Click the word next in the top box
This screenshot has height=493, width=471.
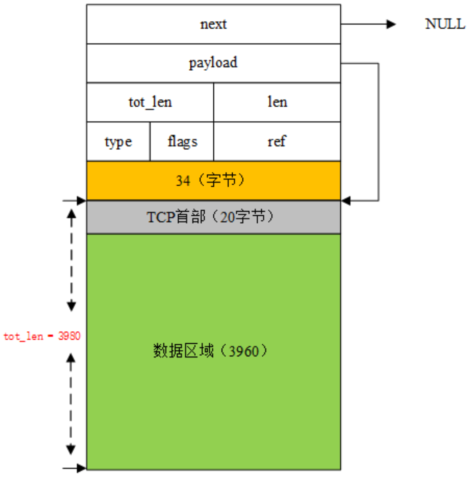click(x=213, y=24)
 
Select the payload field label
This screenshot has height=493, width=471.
click(x=213, y=63)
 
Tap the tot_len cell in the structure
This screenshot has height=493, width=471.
click(x=150, y=102)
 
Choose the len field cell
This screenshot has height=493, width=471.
click(x=277, y=102)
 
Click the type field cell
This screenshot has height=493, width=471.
click(x=118, y=142)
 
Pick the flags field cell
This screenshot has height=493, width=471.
click(x=182, y=141)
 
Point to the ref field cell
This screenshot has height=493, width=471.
click(x=277, y=141)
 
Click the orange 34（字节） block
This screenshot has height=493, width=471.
click(x=213, y=181)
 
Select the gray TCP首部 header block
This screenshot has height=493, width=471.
click(x=213, y=217)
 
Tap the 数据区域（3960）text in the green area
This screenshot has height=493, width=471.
click(x=211, y=351)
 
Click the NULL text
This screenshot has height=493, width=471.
click(x=445, y=24)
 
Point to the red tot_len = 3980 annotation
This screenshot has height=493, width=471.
click(x=42, y=336)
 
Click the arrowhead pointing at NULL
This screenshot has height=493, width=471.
click(x=392, y=24)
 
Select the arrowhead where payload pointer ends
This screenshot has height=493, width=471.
click(x=345, y=201)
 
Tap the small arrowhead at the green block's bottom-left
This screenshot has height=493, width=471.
click(x=82, y=468)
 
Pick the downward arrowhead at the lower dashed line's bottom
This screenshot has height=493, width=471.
click(x=71, y=449)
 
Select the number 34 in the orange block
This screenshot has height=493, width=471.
click(x=183, y=181)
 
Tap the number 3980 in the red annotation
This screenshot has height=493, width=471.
click(x=69, y=336)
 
